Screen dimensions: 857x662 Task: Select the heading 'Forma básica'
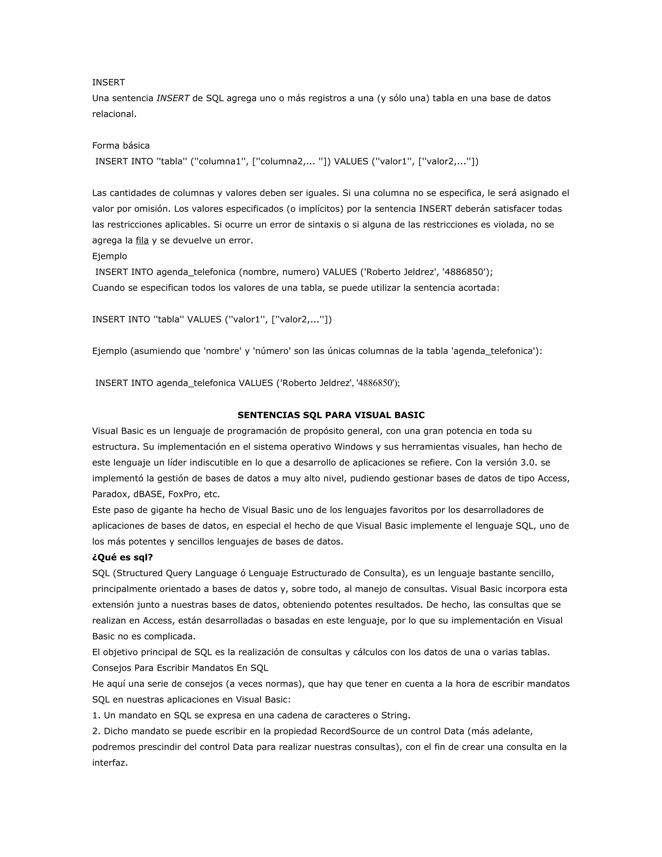coord(121,146)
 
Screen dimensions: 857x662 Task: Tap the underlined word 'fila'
coord(142,241)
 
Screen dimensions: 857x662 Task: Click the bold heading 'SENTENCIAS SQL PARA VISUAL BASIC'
coord(331,415)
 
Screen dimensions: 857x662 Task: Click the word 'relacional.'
coord(114,114)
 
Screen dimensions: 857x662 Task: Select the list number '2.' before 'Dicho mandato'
coord(96,732)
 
